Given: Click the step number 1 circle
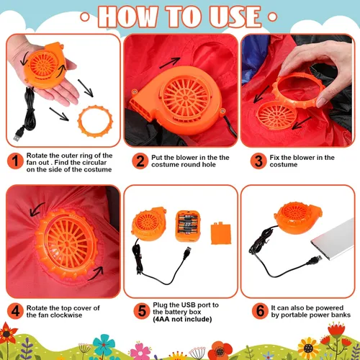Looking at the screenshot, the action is coord(15,161).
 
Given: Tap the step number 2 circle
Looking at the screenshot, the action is coord(140,161).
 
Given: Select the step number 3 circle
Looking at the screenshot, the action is coord(258,161).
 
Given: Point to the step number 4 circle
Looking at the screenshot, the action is coord(15,311).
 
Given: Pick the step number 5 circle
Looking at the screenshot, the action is coord(142,311).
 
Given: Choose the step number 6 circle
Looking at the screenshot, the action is coord(260,311).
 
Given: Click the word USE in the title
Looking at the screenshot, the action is coord(235,17).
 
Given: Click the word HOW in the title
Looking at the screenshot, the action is coord(129,17).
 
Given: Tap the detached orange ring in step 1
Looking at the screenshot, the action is coord(95,121).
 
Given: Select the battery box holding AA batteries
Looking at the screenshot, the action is coord(188,226).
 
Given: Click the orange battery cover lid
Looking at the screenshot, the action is coord(221,233).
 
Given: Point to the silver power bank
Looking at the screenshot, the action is coord(333,240).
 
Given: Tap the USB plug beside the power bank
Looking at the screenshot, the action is coord(315,260).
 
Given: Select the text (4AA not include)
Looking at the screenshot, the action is coord(182,319).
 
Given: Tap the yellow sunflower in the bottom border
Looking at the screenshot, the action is coord(308,347).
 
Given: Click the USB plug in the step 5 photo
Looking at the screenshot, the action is coord(187,253).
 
